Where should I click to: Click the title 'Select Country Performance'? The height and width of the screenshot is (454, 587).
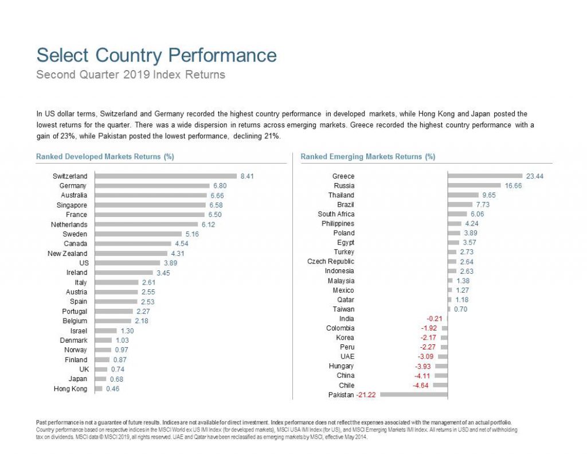tap(156, 56)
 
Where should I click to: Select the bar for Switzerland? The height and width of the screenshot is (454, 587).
tap(166, 176)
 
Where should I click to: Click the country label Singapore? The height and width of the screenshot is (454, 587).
tap(72, 205)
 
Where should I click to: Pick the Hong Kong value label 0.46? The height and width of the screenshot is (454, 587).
tap(112, 389)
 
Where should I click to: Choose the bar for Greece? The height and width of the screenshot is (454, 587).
tap(485, 176)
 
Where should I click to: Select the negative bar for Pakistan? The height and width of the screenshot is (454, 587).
tap(413, 394)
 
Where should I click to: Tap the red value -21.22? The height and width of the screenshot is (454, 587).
tap(367, 395)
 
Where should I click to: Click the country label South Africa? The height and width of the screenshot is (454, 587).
tap(336, 214)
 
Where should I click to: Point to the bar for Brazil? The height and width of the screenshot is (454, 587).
tap(460, 204)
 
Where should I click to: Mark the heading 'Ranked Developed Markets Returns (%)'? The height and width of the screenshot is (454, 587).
tap(105, 156)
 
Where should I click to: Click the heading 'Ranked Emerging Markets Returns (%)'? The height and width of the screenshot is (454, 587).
tap(367, 156)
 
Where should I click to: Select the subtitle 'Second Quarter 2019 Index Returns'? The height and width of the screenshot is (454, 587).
tap(131, 75)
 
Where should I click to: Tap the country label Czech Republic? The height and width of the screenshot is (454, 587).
tap(331, 262)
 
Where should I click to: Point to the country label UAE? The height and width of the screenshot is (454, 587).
tap(347, 356)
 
